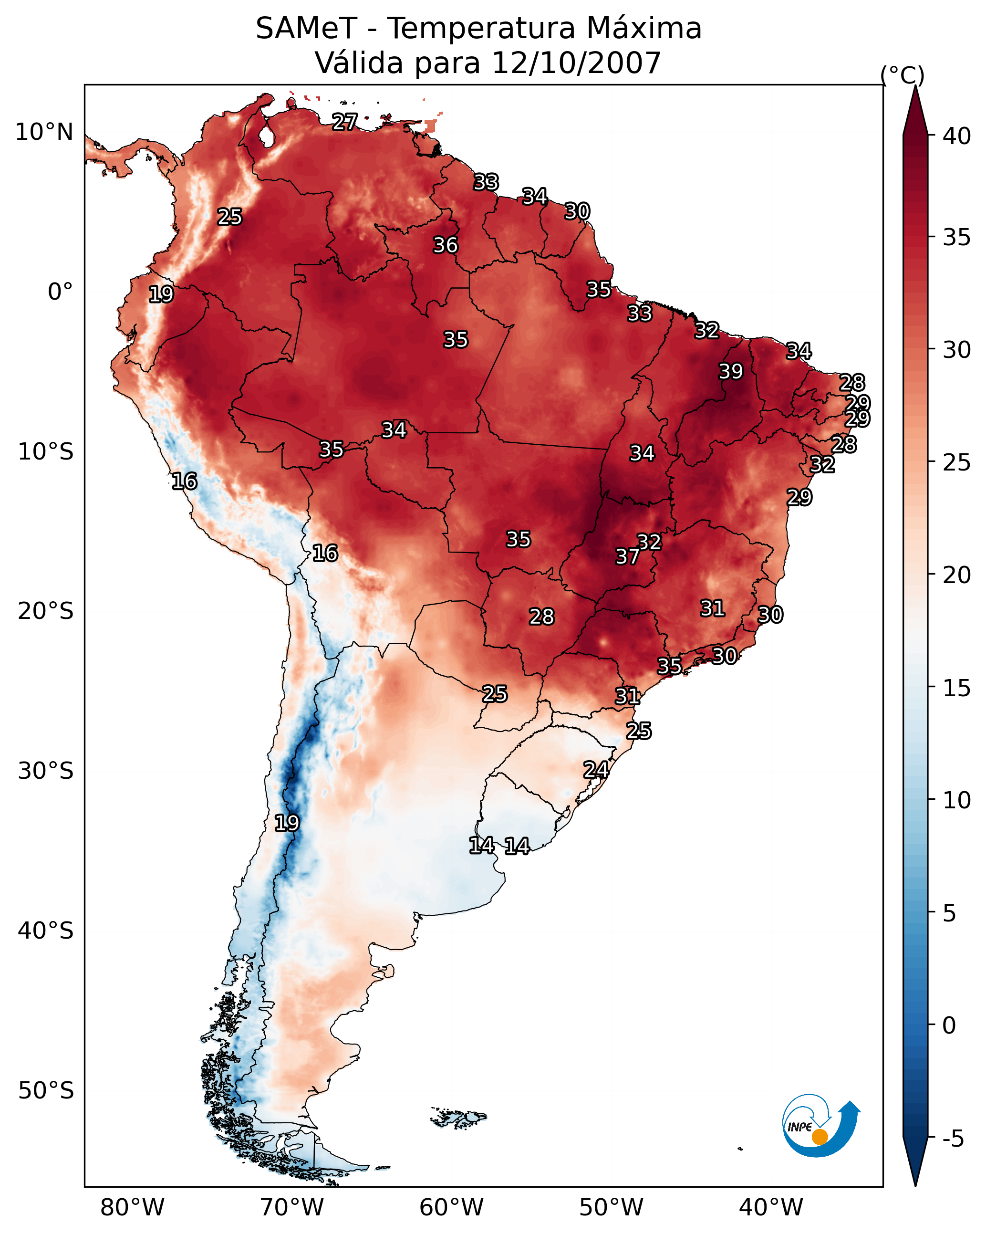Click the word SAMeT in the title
[x=306, y=29]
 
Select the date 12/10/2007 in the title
[x=576, y=63]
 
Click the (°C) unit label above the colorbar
[x=903, y=75]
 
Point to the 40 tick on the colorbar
[x=957, y=136]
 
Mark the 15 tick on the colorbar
[x=957, y=688]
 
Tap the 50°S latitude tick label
[x=46, y=1091]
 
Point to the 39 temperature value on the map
[x=731, y=371]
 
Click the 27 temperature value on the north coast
[x=345, y=122]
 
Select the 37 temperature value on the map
[x=627, y=556]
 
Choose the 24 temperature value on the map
[x=596, y=770]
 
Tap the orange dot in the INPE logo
[x=820, y=1137]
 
